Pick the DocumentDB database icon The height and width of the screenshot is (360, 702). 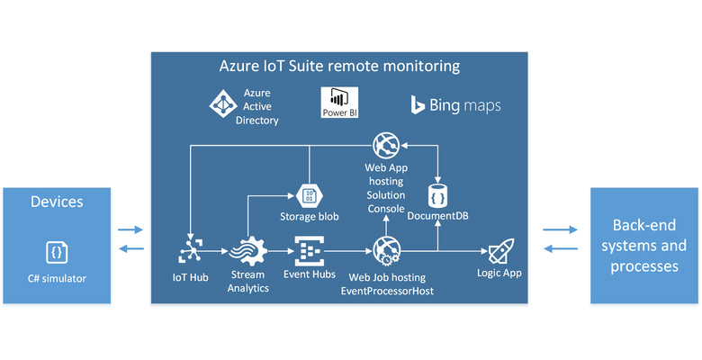(436, 195)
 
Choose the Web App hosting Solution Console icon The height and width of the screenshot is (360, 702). (386, 144)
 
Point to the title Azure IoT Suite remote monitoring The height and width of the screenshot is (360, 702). (339, 67)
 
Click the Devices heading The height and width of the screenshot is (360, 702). (58, 202)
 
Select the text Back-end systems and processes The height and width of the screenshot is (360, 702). (643, 245)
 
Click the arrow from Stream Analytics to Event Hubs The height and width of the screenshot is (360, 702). (278, 249)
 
